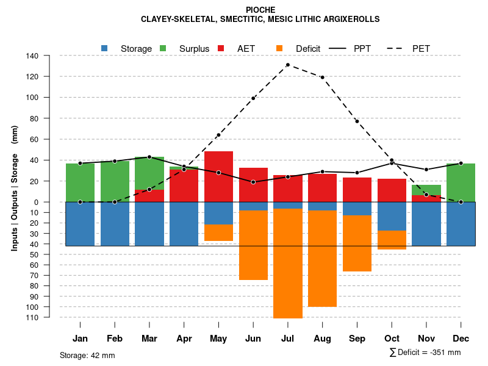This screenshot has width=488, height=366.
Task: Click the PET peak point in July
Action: pos(287,65)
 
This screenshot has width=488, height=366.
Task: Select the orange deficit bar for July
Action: pos(288,263)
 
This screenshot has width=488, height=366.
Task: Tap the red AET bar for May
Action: pos(218,176)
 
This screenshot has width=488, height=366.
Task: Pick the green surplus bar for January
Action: pos(80,182)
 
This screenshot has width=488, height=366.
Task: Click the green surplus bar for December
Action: pos(461,182)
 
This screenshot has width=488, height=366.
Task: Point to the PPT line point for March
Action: pos(149,157)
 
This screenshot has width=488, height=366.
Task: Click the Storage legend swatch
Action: pos(104,48)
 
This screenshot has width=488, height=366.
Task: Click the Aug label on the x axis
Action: pos(322,339)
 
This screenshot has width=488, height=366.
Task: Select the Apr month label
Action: pos(184,339)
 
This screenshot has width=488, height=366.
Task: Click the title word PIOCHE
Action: pos(260,10)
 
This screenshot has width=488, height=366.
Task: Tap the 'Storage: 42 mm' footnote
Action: pos(87,355)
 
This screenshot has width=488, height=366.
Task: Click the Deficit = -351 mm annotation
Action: pos(425,353)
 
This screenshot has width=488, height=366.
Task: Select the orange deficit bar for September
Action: pos(357,243)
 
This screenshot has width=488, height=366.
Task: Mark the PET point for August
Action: pos(322,77)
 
